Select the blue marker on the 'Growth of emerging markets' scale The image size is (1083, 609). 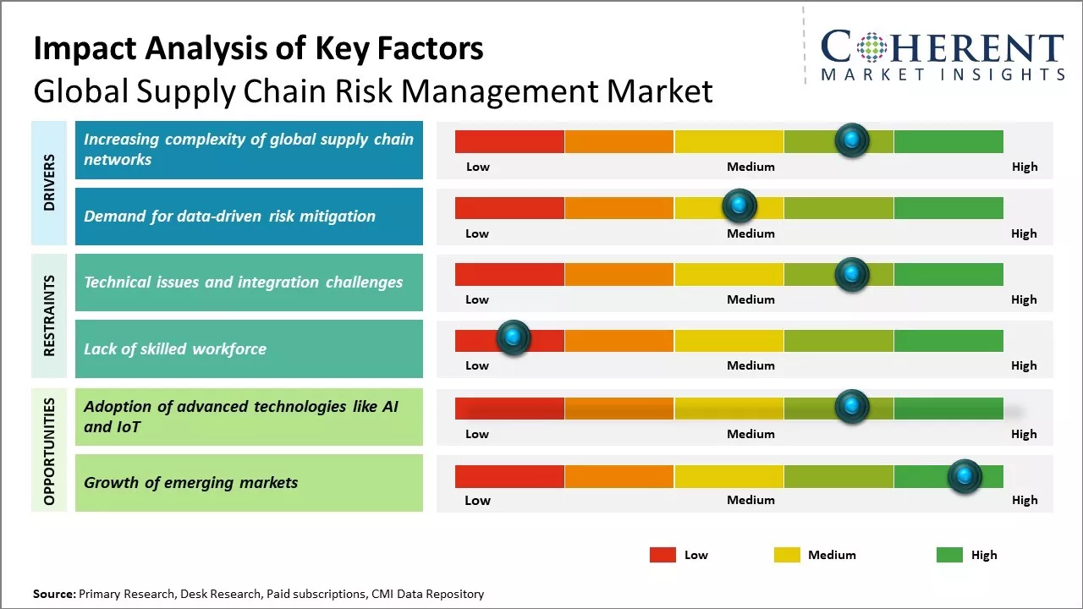coord(964,476)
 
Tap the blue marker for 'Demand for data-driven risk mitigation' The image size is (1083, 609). coord(739,206)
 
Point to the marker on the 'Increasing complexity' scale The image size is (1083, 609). coord(852,140)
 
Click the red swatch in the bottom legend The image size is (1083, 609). coord(662,555)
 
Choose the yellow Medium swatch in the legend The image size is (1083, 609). coord(787,555)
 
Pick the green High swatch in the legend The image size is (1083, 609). coord(949,555)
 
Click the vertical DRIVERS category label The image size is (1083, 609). coord(49,183)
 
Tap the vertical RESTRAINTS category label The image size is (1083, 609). coord(49,315)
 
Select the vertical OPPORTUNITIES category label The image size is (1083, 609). coord(49,451)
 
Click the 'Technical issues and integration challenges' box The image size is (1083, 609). coord(249,283)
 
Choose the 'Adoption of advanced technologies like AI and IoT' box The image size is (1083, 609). coord(249,416)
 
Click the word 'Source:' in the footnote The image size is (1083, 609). coord(54,594)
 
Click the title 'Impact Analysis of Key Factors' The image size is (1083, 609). coord(258,48)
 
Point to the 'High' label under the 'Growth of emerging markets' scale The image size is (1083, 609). coord(1025,500)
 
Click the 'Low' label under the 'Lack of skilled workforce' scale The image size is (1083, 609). coord(477,365)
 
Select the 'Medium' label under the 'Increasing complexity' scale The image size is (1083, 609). coord(750,167)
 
